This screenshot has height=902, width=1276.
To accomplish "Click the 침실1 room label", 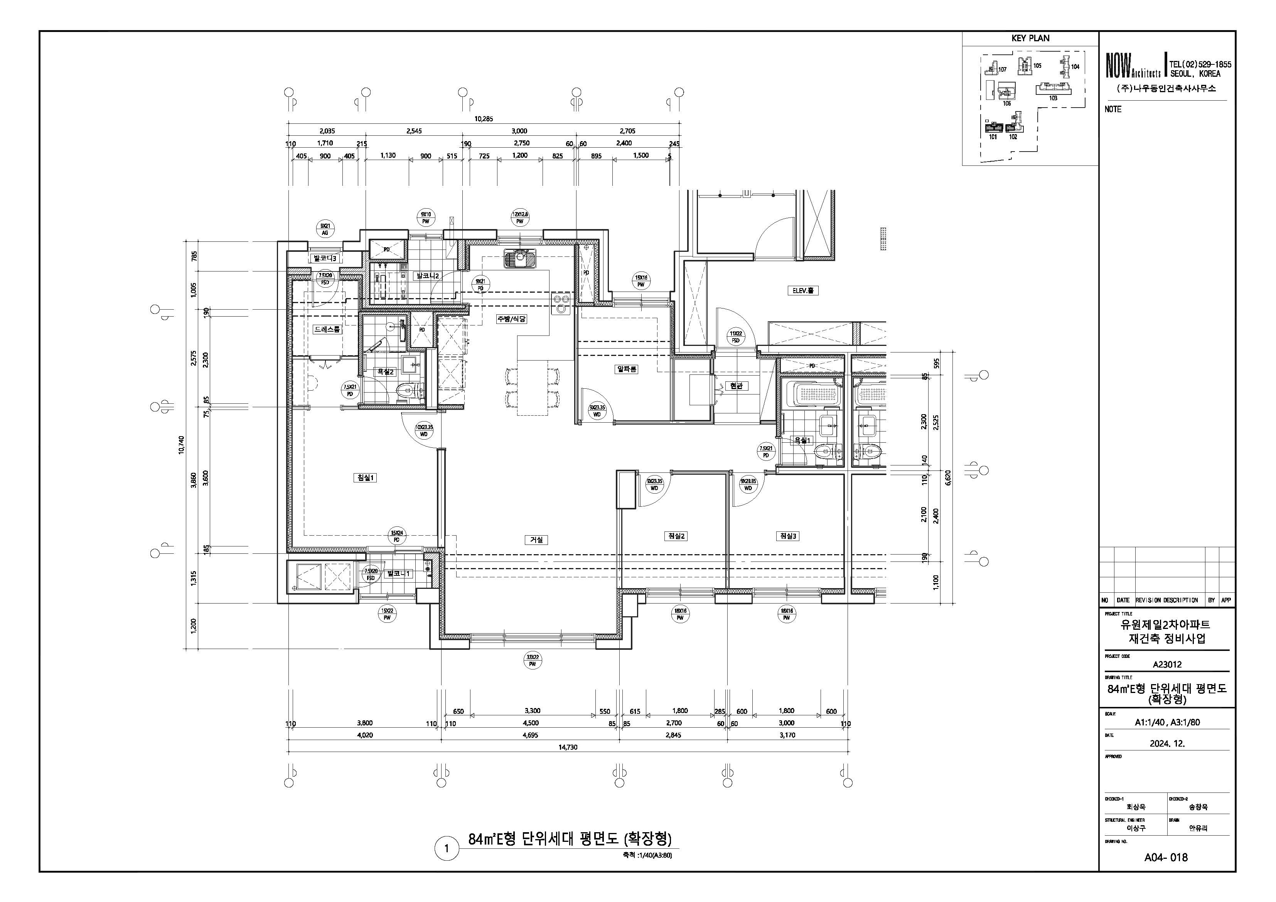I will click(x=366, y=477).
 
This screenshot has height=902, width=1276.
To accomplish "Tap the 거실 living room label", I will click(x=536, y=540).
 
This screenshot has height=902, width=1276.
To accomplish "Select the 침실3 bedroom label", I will click(x=788, y=536).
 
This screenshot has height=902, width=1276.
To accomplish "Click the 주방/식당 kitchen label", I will click(x=511, y=319).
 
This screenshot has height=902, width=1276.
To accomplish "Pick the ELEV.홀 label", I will click(x=804, y=290).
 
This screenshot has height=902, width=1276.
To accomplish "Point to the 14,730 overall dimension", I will click(x=567, y=747).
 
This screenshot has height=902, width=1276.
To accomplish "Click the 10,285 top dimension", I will click(x=483, y=119).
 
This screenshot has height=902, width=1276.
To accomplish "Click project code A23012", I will click(x=1166, y=664).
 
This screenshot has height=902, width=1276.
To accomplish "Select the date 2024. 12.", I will click(x=1166, y=743).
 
